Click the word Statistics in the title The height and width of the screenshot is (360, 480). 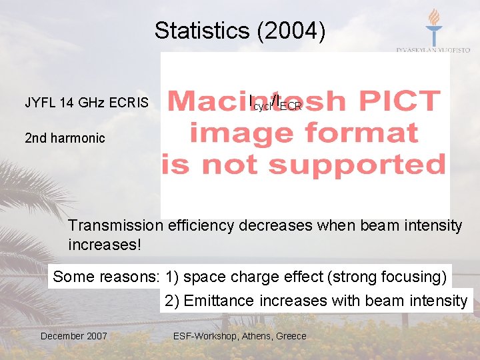pos(201,31)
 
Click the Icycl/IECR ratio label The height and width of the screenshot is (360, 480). pos(275,103)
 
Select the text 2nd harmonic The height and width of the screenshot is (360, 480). pos(65,138)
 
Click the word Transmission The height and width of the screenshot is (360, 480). pos(115,225)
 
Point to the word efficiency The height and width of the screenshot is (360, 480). pos(198,225)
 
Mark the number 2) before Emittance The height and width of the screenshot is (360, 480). pos(172,301)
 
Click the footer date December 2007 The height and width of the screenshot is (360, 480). pos(73,336)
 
